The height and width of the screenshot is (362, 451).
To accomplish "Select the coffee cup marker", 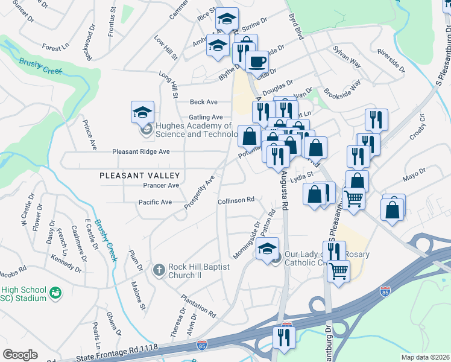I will [257, 62].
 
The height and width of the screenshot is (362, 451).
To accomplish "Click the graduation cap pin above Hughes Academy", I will [142, 112].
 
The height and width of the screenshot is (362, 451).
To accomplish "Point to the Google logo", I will [20, 355].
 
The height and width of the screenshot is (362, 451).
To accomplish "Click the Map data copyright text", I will [426, 357].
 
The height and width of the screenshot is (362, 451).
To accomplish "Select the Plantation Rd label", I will [198, 306].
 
